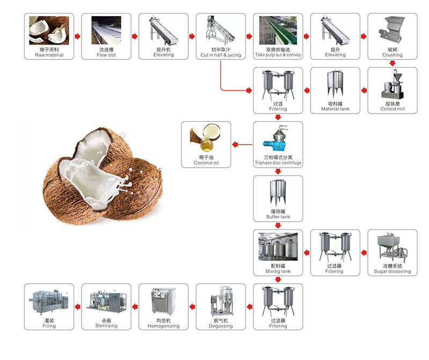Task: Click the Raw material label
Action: (x=49, y=55)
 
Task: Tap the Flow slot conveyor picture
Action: (x=106, y=31)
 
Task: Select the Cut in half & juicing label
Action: (x=220, y=55)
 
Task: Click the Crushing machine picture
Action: (x=392, y=31)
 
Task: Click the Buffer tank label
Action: (x=278, y=217)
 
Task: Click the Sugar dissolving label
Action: (x=393, y=272)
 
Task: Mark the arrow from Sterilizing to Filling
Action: (x=78, y=307)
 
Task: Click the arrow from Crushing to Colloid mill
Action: (x=393, y=63)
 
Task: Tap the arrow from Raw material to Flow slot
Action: (x=78, y=36)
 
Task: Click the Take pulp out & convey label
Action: (x=278, y=55)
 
